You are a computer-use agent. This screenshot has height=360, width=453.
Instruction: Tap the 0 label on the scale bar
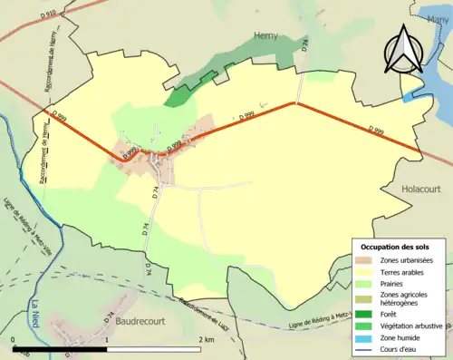(x=13, y=339)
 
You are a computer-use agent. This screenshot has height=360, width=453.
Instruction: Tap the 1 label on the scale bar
(x=107, y=339)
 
